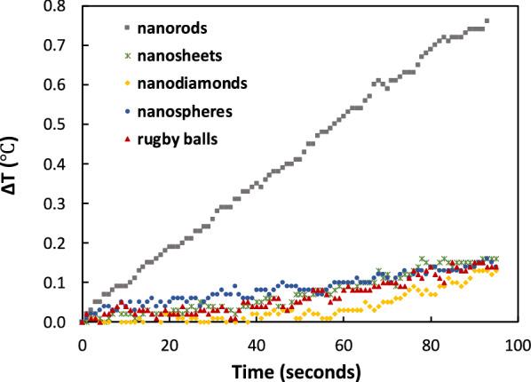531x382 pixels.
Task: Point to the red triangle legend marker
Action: pyautogui.click(x=127, y=139)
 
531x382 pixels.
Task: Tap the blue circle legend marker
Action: pyautogui.click(x=127, y=112)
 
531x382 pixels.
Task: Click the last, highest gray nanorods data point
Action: pyautogui.click(x=486, y=21)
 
